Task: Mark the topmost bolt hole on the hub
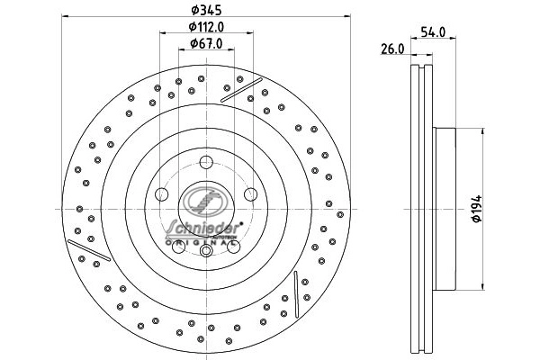pyautogui.click(x=206, y=163)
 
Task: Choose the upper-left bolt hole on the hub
pyautogui.click(x=163, y=193)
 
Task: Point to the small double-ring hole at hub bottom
pyautogui.click(x=206, y=251)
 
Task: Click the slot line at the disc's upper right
pyautogui.click(x=240, y=88)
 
